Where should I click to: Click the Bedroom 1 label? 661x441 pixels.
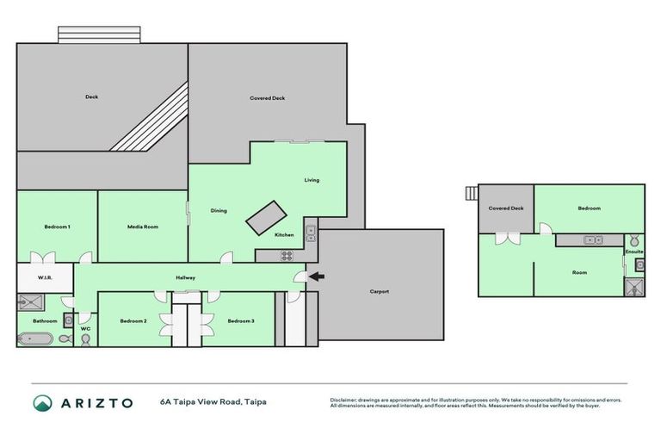57,227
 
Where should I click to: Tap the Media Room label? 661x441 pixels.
142,227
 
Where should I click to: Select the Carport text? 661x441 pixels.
380,291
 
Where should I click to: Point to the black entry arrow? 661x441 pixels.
317,276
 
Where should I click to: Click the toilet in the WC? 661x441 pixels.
85,340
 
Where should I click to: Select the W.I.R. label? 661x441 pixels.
46,277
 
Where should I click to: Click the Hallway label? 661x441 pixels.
186,277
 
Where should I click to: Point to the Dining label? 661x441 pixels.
219,210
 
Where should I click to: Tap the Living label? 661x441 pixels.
312,180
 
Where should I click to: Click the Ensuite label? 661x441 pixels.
634,252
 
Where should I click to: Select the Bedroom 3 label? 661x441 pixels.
240,321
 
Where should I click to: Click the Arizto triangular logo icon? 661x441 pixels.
42,402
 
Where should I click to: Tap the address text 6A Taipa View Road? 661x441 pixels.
211,402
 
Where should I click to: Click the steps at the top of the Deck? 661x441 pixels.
98,34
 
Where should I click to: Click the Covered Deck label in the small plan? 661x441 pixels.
506,208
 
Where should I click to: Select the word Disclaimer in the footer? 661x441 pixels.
344,400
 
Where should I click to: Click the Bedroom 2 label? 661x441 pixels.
133,321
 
